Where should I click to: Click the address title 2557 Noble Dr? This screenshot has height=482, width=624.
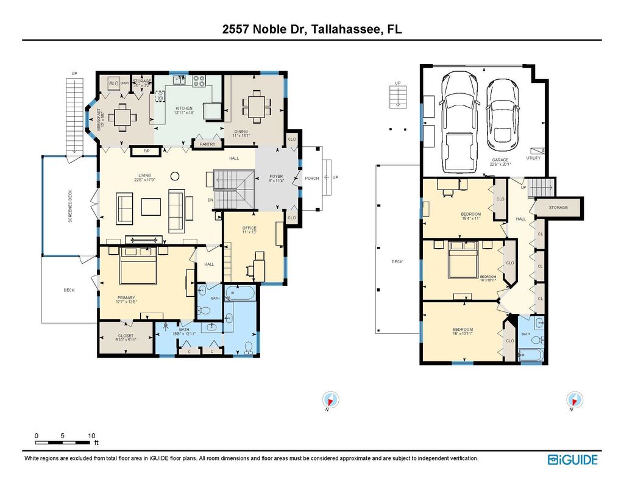[311, 29]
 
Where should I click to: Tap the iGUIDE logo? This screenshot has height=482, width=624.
[572, 460]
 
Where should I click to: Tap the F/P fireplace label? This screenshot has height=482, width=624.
[146, 151]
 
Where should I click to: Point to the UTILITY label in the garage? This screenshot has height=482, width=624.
[533, 158]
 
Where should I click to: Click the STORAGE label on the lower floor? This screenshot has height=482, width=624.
[558, 208]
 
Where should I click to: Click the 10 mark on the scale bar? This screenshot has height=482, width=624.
[91, 436]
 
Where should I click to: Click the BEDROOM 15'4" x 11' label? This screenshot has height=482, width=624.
[470, 216]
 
